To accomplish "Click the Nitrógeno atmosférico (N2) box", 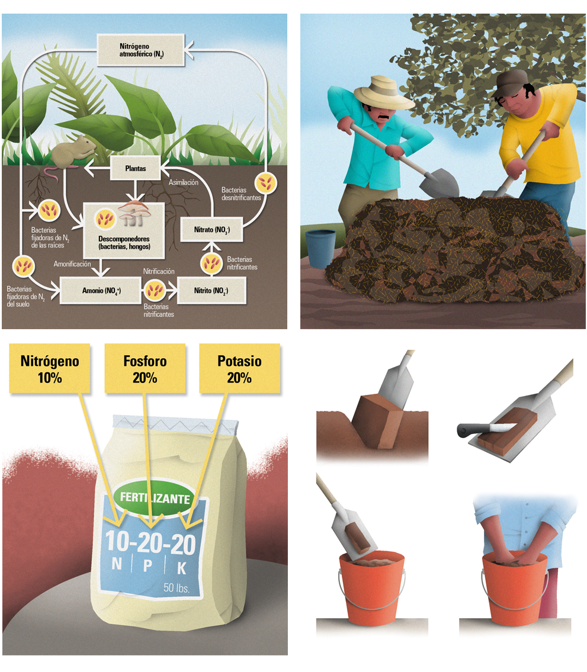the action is tap(141, 50).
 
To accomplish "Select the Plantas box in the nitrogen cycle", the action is tap(136, 168).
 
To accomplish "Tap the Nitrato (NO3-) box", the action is tap(212, 230).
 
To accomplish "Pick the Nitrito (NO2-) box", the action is tap(211, 291).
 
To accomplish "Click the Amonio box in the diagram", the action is tap(101, 291).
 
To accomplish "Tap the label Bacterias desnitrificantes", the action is tap(241, 194).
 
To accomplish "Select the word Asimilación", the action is tap(184, 182).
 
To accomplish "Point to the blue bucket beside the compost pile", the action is tap(320, 248).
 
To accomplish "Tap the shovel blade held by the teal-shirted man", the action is tap(439, 182).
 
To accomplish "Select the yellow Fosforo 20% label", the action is tap(145, 369).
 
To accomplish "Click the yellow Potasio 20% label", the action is tap(239, 369).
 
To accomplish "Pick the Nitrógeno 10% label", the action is tap(50, 369).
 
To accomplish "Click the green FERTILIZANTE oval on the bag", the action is tap(155, 497).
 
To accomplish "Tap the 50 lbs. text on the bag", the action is tap(177, 587).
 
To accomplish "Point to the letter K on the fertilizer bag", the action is tap(182, 568).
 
